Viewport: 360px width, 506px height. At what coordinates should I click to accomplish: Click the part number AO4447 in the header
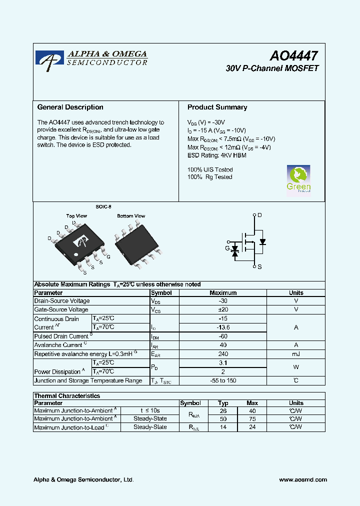point(293,56)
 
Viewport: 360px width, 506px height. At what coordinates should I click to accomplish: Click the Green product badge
point(298,179)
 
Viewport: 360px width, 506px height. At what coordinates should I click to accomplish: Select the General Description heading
point(70,107)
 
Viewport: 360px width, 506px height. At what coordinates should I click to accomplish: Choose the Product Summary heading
point(217,107)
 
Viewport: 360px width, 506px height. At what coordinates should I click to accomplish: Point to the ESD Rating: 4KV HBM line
point(216,155)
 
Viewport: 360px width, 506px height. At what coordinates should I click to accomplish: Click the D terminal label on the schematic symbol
point(259,215)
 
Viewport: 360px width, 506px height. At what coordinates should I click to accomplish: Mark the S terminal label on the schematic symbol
point(259,267)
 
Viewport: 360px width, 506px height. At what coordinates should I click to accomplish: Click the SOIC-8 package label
point(103,206)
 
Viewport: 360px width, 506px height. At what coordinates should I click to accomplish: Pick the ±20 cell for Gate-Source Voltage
point(223,310)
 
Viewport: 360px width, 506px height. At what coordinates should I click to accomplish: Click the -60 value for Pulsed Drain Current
point(223,336)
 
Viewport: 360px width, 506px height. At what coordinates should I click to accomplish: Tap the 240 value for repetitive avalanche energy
point(223,354)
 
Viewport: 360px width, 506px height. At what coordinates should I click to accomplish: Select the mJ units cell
point(296,354)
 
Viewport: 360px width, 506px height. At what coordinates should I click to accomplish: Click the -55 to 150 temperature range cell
point(223,381)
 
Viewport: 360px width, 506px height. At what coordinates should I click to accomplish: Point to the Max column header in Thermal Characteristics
point(252,403)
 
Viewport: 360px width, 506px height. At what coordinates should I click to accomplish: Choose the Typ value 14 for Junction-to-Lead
point(223,427)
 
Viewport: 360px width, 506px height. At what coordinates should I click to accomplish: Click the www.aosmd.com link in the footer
point(302,479)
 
